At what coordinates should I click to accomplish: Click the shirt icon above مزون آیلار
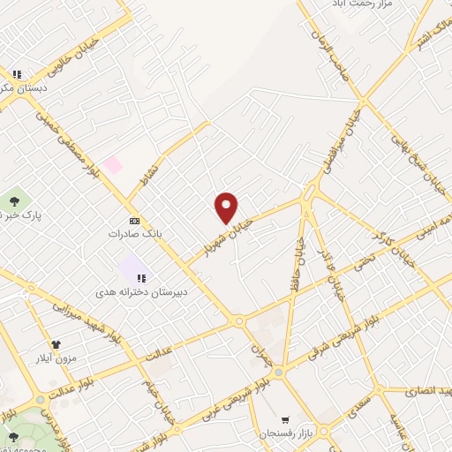[x=56, y=345]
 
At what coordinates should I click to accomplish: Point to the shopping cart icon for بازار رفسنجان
[x=284, y=419]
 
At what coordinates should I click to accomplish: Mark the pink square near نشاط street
[x=113, y=164]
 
